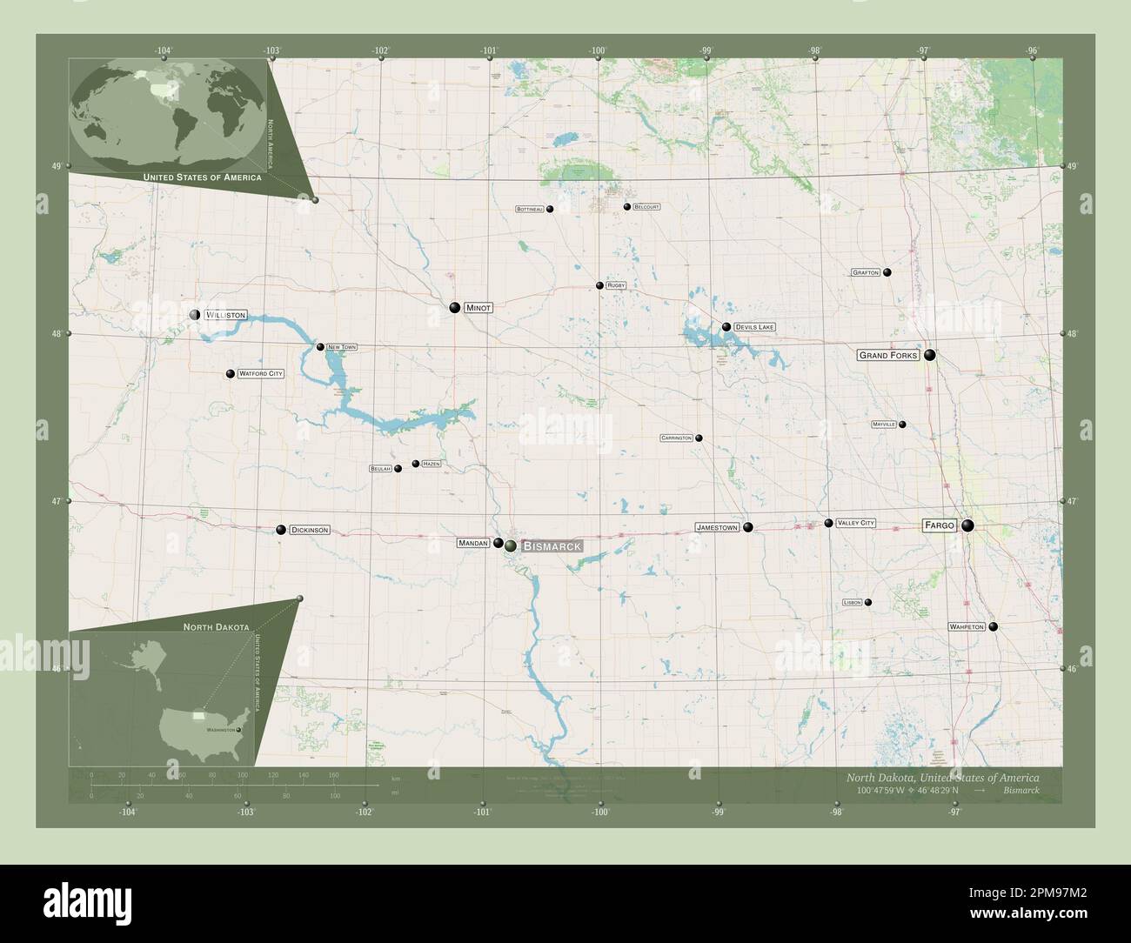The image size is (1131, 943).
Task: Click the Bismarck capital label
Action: [x=551, y=545]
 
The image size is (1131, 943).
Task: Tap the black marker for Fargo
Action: [x=967, y=525]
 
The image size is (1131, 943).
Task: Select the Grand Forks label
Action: [x=888, y=355]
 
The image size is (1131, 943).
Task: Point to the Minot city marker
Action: [x=455, y=307]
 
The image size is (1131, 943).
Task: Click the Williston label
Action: [x=225, y=314]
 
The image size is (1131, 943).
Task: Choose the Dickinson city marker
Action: [x=281, y=529]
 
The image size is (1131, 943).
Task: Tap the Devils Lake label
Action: [x=753, y=327]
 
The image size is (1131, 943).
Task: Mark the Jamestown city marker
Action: [x=747, y=527]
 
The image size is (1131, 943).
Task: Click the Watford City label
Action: [x=261, y=373]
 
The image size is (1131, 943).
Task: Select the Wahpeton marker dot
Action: [x=994, y=626]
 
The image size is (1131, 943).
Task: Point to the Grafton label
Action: [x=866, y=273]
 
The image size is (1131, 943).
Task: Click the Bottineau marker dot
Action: [x=550, y=209]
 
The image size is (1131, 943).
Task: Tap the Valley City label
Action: [x=855, y=523]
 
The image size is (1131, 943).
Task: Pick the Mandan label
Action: [x=472, y=543]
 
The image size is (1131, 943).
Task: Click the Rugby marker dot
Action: [x=599, y=285]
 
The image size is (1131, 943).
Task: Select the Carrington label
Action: [x=676, y=438]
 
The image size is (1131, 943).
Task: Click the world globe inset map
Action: [x=168, y=113]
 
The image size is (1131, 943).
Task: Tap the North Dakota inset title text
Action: [x=216, y=626]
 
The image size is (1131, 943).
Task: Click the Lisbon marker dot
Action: [x=867, y=602]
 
